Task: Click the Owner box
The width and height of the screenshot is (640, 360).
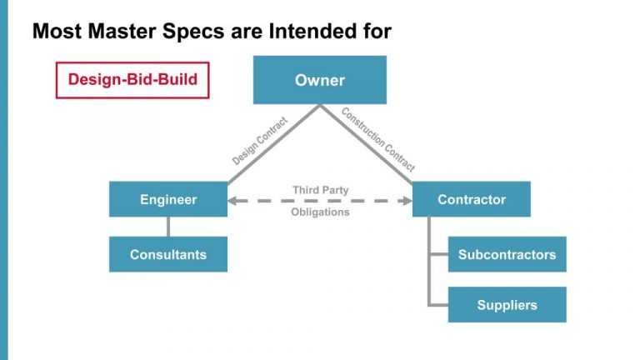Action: [320, 80]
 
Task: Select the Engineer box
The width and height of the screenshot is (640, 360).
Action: [168, 199]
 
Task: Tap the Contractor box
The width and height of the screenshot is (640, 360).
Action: [472, 199]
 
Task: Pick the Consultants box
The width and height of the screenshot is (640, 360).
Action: [168, 254]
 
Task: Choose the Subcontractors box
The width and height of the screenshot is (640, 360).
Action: [507, 254]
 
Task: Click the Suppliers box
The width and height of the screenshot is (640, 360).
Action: [507, 305]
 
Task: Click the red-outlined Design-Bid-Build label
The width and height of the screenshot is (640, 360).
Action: [132, 80]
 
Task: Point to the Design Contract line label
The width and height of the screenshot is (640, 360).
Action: [260, 141]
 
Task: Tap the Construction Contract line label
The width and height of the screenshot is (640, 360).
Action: [378, 139]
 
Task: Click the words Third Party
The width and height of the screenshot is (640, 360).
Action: [320, 190]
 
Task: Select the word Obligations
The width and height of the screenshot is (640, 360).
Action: [320, 212]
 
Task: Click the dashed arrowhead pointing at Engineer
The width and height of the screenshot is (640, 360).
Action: [232, 201]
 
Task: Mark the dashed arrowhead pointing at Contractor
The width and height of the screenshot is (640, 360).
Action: [407, 201]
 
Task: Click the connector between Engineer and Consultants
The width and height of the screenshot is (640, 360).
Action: [168, 227]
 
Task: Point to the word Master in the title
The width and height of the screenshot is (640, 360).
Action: [122, 31]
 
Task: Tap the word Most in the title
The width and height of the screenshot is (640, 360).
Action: [57, 31]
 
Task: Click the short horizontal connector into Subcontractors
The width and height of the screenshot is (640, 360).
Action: [439, 254]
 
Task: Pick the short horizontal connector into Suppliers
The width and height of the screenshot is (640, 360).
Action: [438, 305]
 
